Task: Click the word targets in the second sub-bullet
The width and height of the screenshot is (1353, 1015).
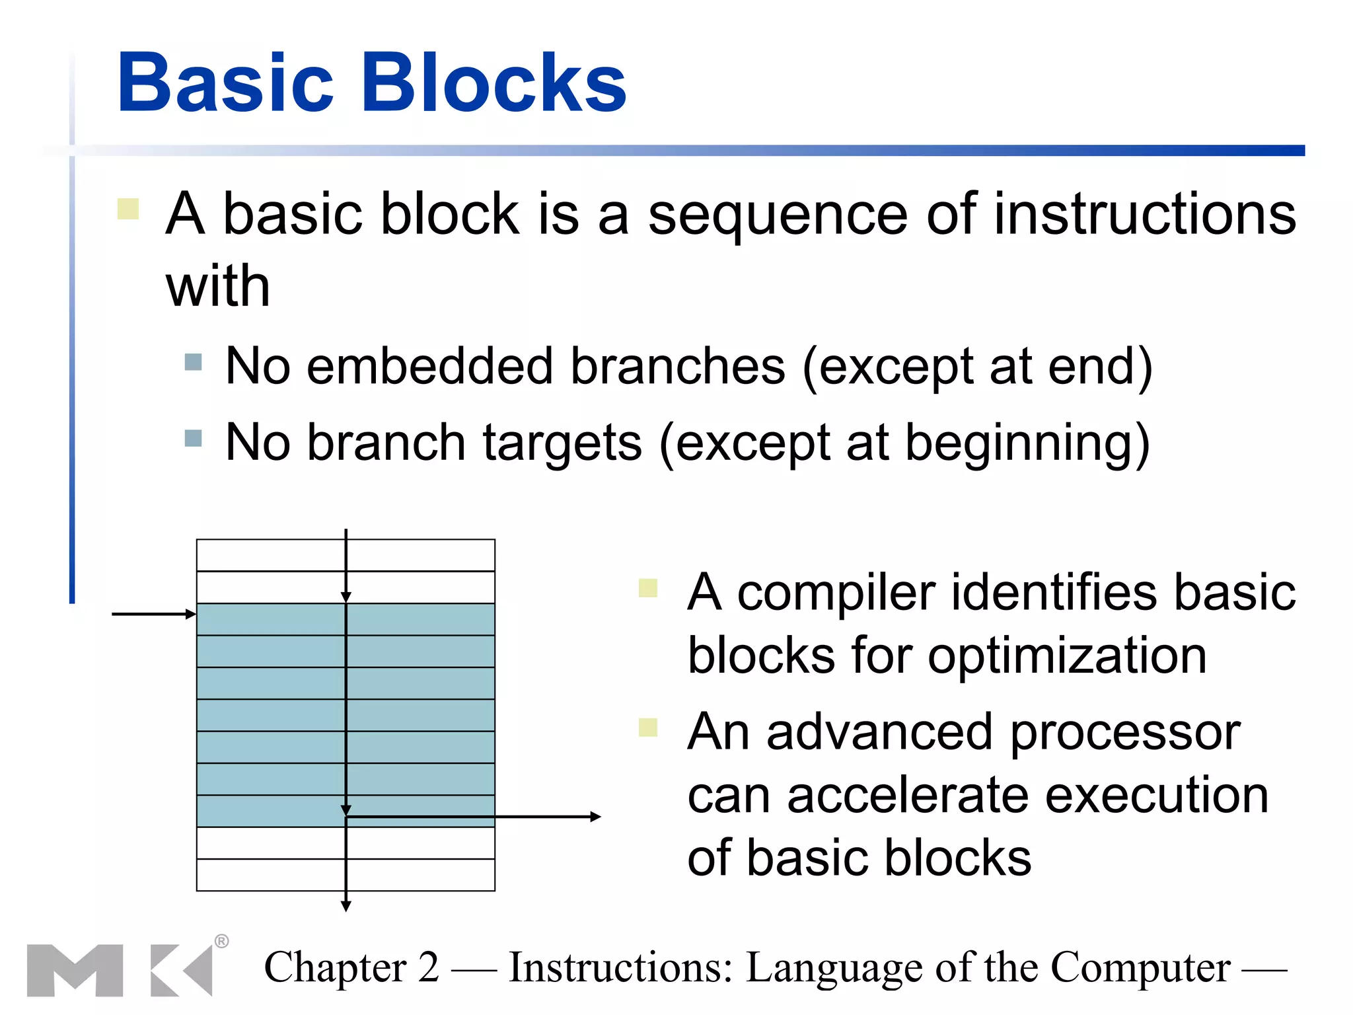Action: pos(562,443)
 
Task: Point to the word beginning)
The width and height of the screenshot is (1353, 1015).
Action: pos(1027,443)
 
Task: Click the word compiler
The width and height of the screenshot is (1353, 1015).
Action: pos(836,592)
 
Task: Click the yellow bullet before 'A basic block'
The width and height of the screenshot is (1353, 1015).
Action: pos(128,209)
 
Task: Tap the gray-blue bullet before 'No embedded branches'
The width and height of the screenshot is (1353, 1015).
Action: pos(193,362)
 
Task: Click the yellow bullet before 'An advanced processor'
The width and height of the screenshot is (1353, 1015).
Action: pos(648,727)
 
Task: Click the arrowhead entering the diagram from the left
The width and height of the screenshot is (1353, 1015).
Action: pos(191,615)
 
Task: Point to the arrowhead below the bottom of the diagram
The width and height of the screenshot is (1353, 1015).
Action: pos(346,906)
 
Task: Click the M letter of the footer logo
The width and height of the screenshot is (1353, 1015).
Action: pos(75,970)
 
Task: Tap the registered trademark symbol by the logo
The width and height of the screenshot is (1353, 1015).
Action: pos(221,941)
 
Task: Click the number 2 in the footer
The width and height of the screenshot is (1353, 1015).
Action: pos(429,967)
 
